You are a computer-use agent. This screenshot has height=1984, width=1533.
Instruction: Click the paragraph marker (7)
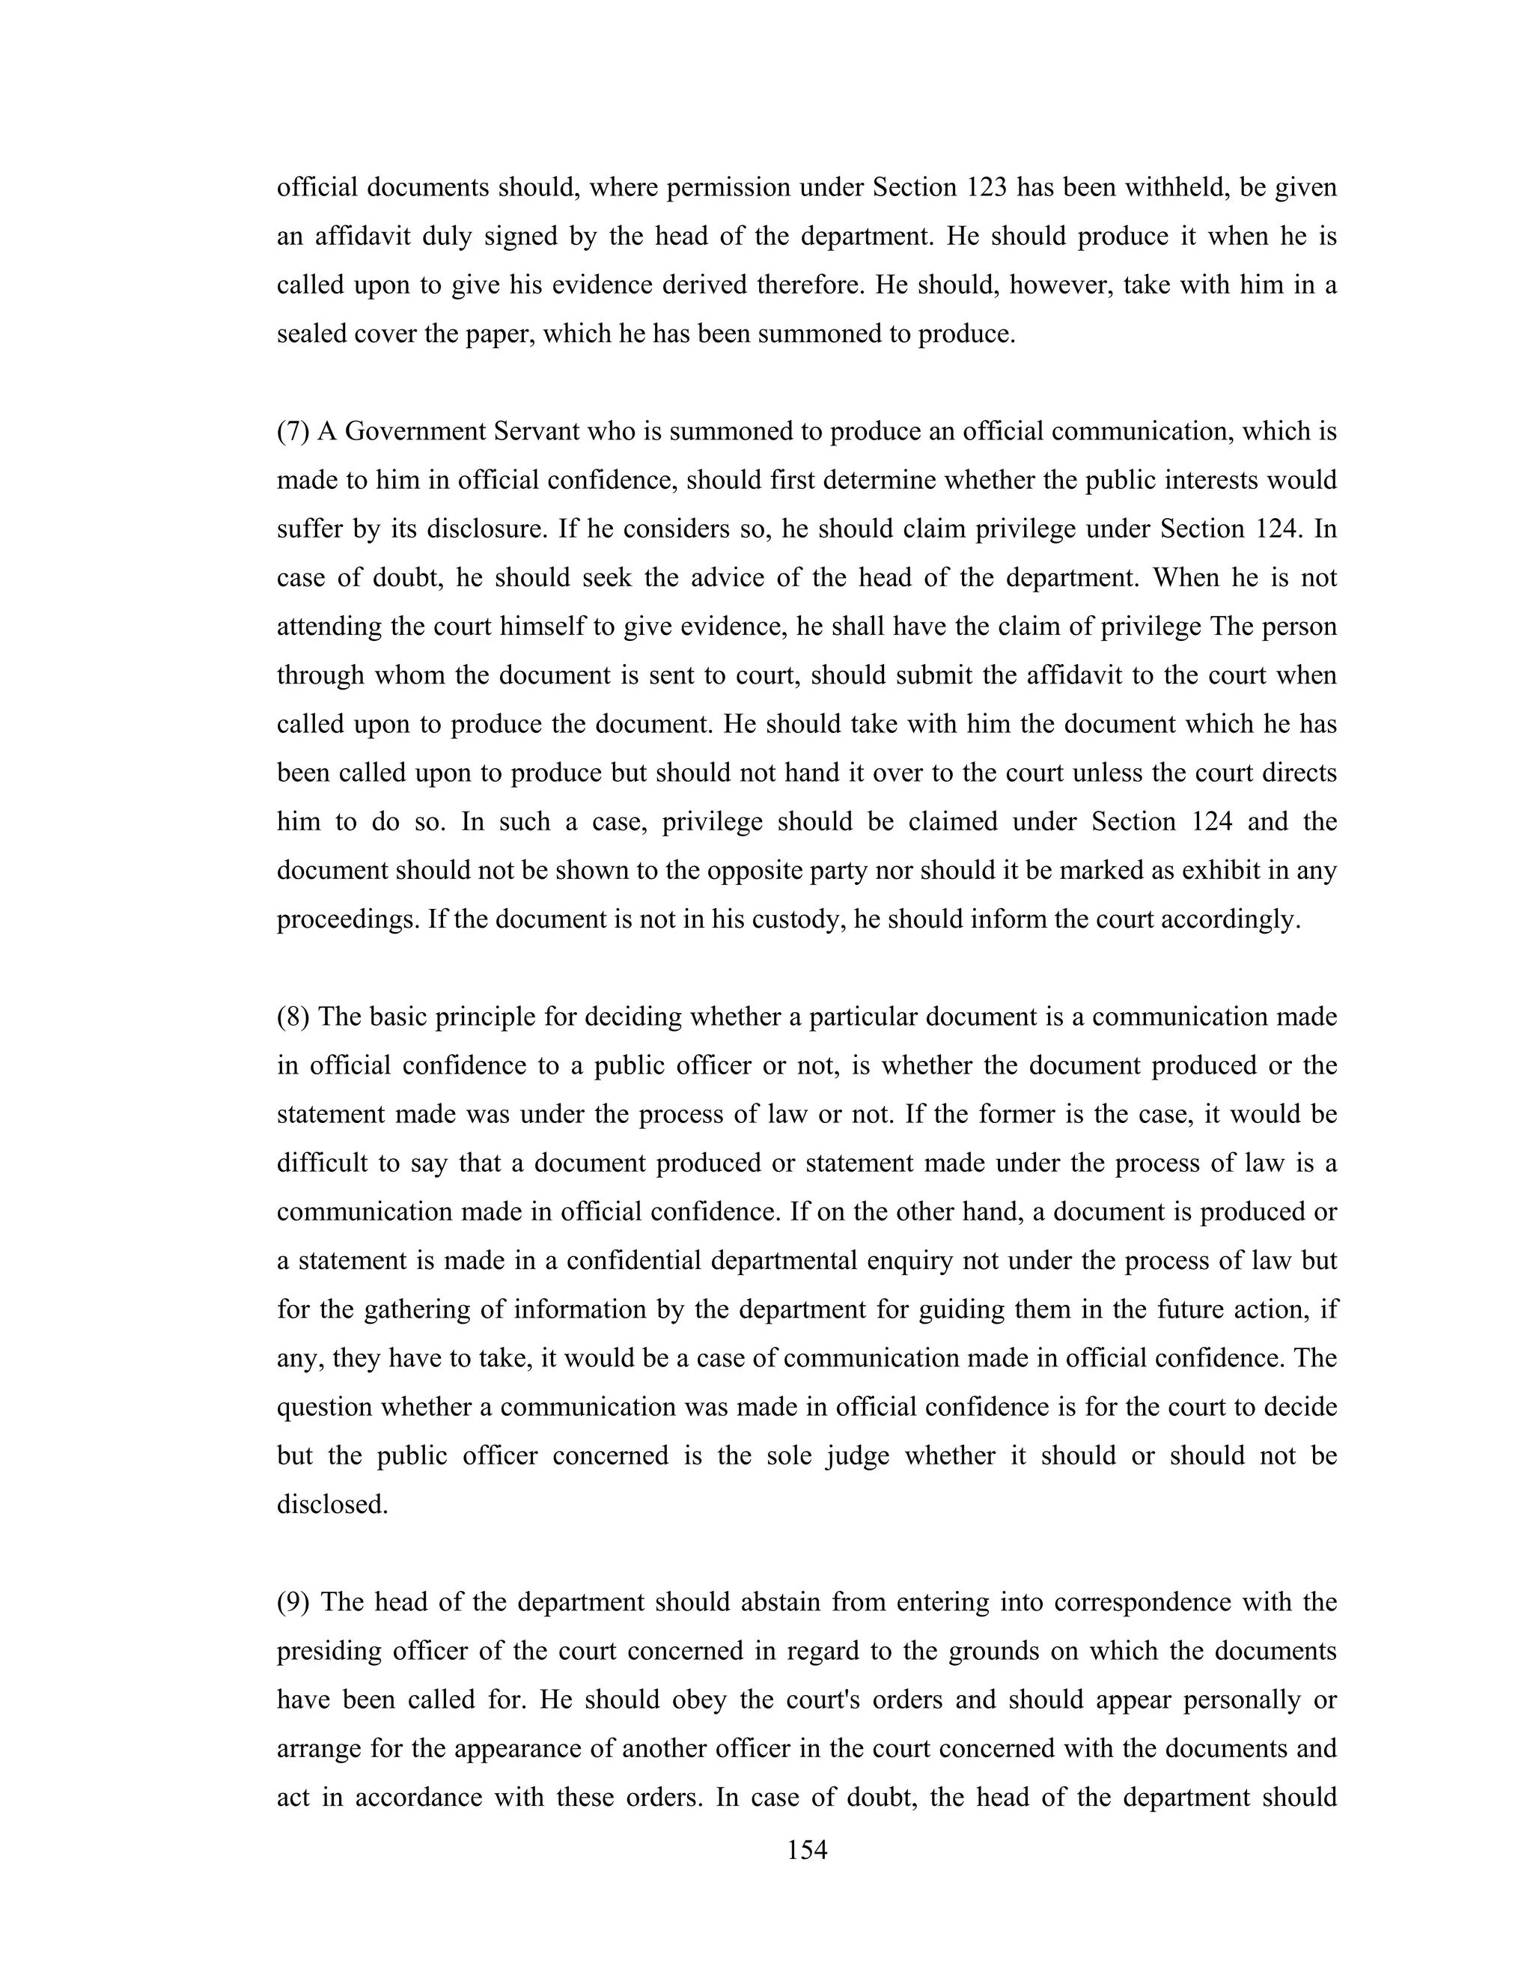point(293,431)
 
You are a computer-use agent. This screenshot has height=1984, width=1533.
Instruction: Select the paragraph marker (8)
point(293,1017)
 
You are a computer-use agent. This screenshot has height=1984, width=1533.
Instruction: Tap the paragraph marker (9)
point(293,1601)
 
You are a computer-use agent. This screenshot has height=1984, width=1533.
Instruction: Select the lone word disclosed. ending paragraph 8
point(332,1504)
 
